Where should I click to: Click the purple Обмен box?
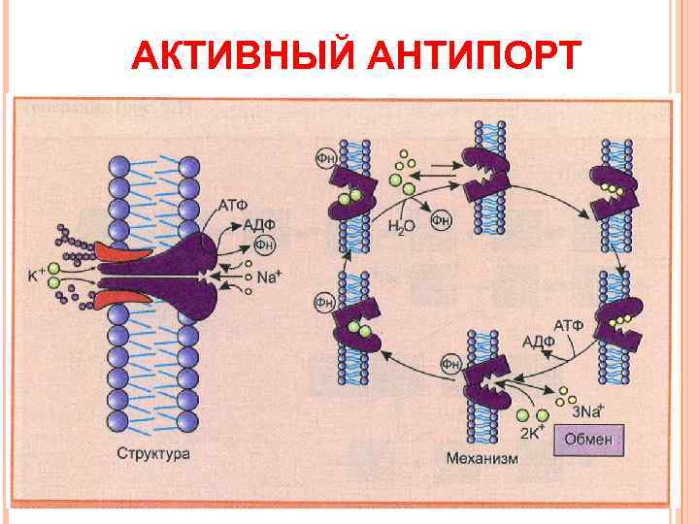tap(589, 439)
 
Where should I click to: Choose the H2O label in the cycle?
tap(400, 226)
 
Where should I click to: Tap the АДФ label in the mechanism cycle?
tap(538, 341)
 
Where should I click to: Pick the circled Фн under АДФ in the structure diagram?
tap(262, 244)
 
